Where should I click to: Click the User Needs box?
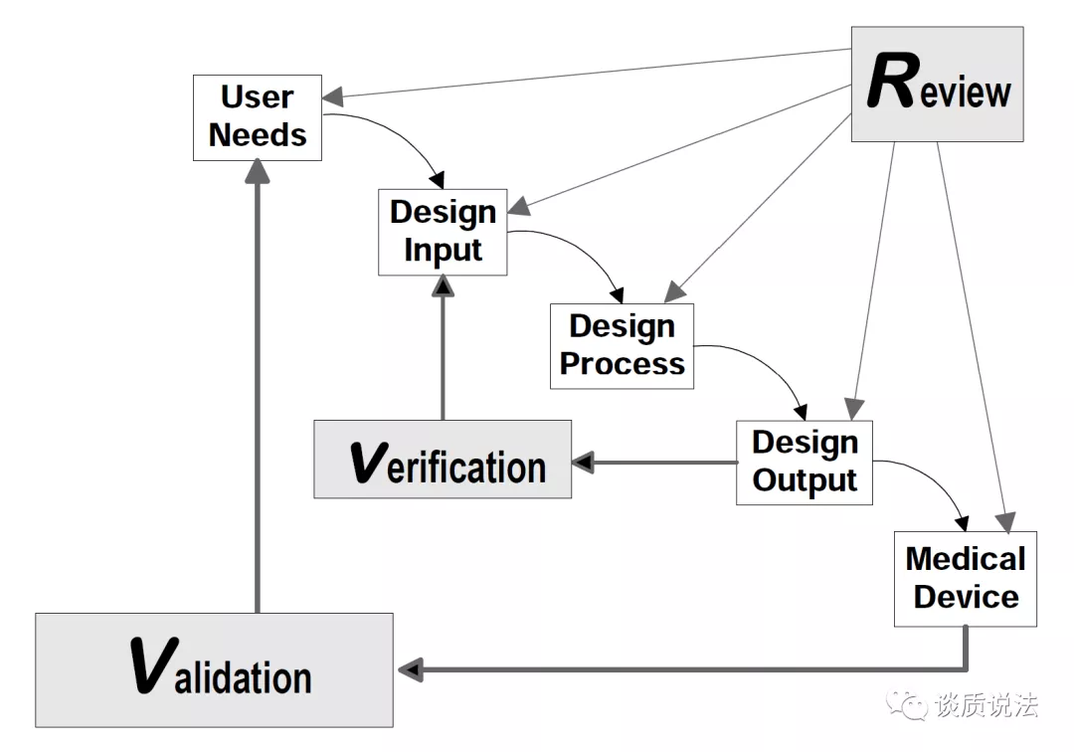coord(258,117)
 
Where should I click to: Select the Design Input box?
coord(443,232)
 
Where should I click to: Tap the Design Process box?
coord(622,346)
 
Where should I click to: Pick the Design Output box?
coord(805,463)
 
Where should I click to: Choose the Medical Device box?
coord(965,579)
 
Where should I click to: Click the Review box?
coord(937,85)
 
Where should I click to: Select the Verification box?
coord(443,459)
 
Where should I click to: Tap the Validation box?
coord(215,669)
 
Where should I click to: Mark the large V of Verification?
coord(369,463)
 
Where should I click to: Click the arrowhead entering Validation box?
coord(411,669)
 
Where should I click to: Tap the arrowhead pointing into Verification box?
coord(583,463)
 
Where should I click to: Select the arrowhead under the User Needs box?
coord(258,171)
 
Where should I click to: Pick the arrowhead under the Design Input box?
coord(444,285)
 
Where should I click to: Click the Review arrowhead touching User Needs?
coord(333,97)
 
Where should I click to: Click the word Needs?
coord(258,135)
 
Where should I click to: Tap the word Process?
coord(622,364)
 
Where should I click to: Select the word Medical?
coord(965,559)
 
